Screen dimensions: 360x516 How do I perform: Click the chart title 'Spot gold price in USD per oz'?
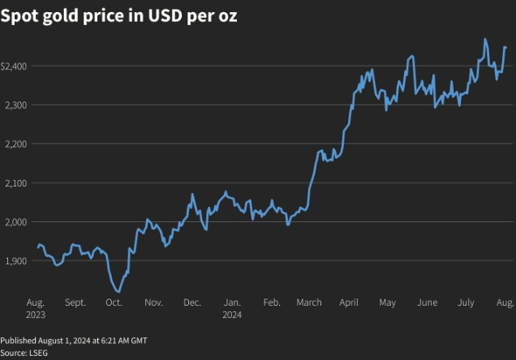coord(119,16)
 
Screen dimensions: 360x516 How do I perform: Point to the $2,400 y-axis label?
coord(15,66)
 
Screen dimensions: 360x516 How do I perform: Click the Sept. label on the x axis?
coord(75,302)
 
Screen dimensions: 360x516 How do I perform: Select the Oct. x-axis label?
coord(114,302)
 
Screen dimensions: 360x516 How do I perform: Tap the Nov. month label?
coord(153,302)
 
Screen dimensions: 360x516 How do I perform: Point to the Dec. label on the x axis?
coord(192,302)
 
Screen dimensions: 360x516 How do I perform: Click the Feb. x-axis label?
coord(272,302)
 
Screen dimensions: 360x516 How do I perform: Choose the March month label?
coord(309,302)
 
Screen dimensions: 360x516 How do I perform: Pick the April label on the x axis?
coord(349,302)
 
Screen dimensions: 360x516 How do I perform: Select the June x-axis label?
coord(427,302)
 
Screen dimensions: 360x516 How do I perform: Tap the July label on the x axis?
coord(466,302)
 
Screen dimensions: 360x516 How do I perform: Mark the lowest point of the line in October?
coord(118,291)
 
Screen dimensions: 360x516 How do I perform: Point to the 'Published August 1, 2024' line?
coord(74,341)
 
